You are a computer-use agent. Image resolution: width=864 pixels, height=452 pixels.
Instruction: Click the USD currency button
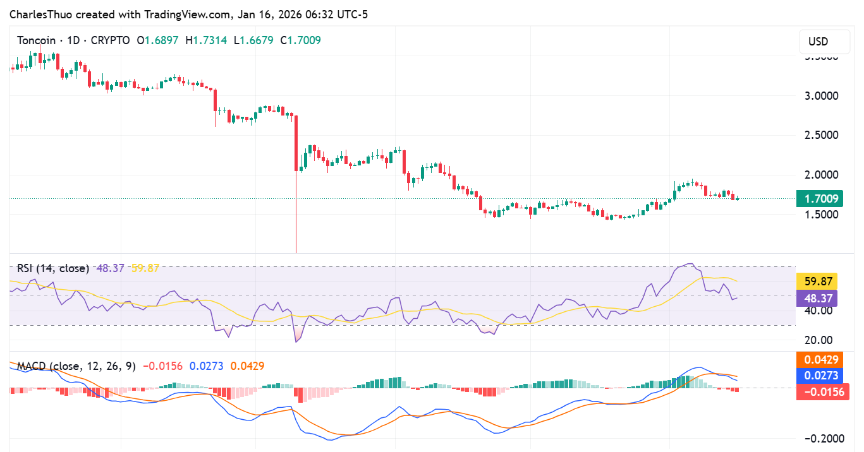point(818,42)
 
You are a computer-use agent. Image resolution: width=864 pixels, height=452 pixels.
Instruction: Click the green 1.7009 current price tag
point(822,199)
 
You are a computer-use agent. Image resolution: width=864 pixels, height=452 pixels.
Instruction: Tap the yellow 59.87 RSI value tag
point(818,282)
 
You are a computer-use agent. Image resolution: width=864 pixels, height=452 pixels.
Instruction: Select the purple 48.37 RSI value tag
point(818,298)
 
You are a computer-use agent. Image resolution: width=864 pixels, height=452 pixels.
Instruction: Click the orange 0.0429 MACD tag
point(822,359)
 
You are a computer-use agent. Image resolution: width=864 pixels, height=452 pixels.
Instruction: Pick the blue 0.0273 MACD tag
point(822,376)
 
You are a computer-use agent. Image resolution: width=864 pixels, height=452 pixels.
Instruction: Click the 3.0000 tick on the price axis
point(821,96)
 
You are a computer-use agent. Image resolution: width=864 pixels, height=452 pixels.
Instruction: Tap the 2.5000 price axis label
point(821,135)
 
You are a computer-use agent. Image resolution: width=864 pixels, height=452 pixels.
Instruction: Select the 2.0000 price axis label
point(821,175)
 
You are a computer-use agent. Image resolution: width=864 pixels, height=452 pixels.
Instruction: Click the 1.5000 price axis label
point(821,214)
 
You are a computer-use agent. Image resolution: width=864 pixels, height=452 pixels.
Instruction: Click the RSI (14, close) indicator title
point(53,268)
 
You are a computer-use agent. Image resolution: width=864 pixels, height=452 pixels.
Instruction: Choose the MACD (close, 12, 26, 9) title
point(76,366)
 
